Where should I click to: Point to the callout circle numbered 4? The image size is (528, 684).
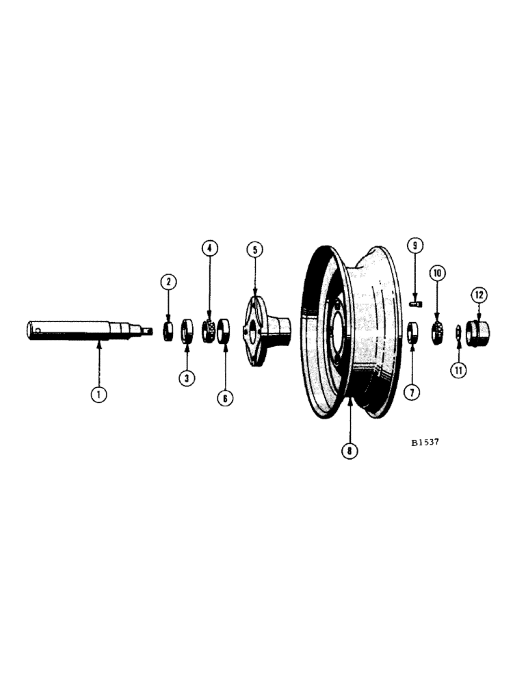210,248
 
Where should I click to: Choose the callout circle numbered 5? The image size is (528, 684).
254,250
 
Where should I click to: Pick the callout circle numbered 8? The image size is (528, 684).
349,451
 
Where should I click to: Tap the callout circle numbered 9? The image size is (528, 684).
414,245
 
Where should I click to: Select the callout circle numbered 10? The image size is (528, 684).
437,273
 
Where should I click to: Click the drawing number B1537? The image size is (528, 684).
425,442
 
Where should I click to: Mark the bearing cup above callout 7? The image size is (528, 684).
412,334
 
